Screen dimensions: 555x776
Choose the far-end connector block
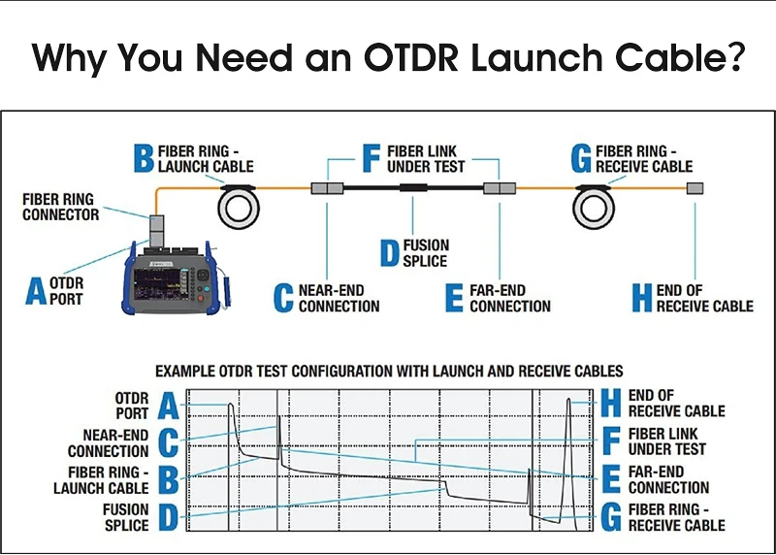click(x=499, y=188)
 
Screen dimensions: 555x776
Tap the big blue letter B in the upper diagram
click(x=142, y=158)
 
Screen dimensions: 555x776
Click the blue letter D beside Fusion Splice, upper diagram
click(x=388, y=253)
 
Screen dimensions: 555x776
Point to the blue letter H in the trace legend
click(x=610, y=404)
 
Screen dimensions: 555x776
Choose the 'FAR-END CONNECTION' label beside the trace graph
click(x=668, y=479)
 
